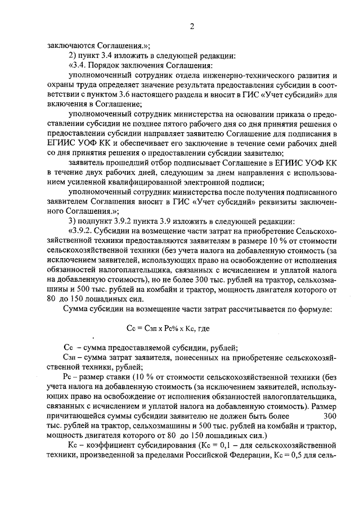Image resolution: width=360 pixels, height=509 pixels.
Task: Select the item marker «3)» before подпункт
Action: [x=72, y=219]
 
